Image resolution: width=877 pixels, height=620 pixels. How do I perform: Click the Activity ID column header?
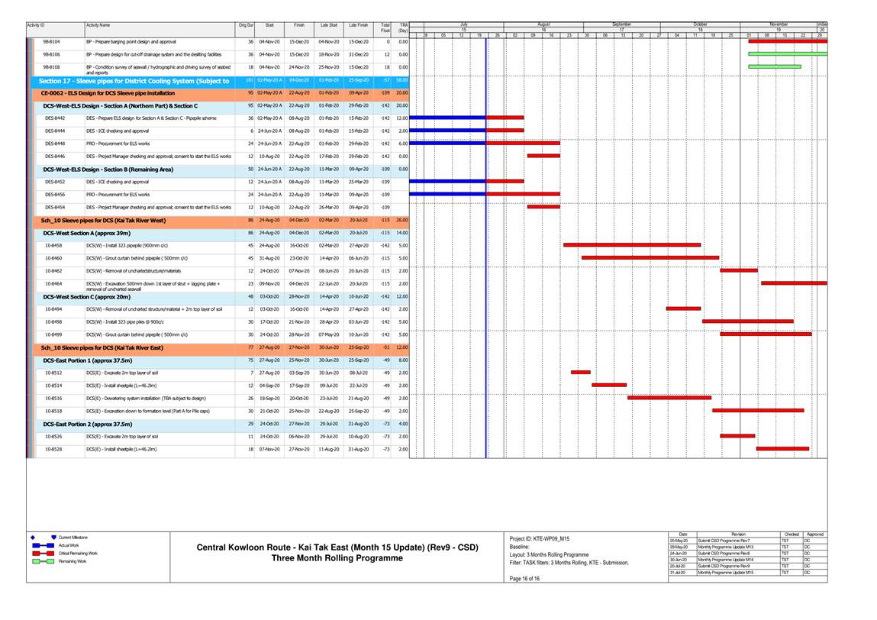tap(37, 26)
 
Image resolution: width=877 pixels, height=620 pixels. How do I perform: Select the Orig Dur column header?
tap(245, 26)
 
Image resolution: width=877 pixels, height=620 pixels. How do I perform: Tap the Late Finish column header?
tap(359, 26)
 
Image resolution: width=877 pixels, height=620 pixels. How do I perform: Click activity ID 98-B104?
tap(52, 41)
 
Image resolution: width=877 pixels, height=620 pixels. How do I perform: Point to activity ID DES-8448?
tap(54, 143)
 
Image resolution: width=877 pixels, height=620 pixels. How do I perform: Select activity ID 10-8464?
tap(53, 283)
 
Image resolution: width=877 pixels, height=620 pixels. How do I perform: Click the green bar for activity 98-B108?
tap(774, 67)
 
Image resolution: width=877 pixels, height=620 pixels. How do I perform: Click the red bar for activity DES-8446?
tap(543, 156)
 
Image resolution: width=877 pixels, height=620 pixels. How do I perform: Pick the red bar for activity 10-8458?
tap(632, 245)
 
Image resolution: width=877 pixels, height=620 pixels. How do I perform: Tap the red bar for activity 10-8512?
tap(580, 373)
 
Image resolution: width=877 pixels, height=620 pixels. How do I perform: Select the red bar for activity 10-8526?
tap(737, 436)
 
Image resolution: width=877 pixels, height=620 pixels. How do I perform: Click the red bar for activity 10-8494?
tap(683, 308)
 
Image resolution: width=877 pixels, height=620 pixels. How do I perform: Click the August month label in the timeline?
tap(543, 24)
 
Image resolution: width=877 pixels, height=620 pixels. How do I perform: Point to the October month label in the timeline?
tap(700, 24)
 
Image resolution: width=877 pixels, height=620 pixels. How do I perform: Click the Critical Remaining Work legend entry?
tap(78, 553)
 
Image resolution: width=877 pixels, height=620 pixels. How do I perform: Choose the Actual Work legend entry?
tap(70, 545)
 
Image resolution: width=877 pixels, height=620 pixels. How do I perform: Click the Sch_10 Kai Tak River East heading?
tap(102, 347)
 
